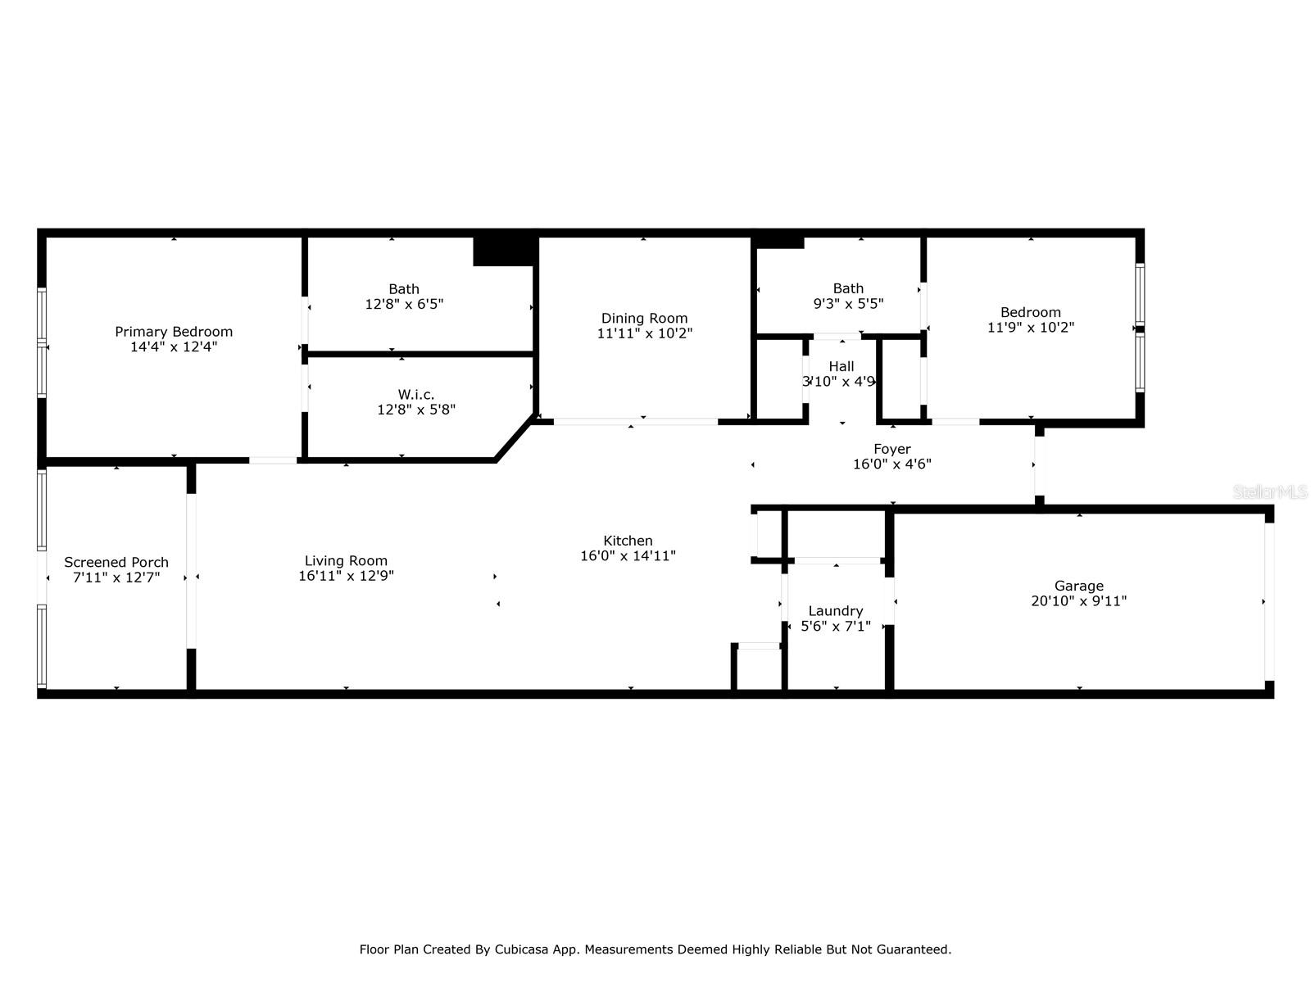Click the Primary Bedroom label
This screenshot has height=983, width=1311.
tap(174, 332)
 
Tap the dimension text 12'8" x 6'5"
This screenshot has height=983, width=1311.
tap(404, 305)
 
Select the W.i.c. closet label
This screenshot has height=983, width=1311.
tap(416, 395)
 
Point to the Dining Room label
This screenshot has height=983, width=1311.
tap(645, 319)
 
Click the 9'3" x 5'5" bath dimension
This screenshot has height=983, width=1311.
tap(848, 304)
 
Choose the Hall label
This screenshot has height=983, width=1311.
tap(841, 366)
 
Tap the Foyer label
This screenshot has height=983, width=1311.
tap(892, 450)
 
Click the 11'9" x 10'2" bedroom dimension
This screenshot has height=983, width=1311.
tap(1031, 328)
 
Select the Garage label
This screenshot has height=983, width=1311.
tap(1078, 586)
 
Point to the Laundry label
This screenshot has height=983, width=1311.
tap(836, 611)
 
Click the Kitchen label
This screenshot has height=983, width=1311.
tap(628, 541)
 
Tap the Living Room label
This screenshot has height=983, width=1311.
tap(346, 561)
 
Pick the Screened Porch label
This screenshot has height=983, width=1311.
tap(116, 562)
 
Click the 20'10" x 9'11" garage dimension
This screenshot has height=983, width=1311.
tap(1078, 601)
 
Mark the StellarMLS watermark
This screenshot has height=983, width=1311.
tap(1270, 492)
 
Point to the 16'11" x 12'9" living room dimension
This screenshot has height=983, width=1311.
tap(346, 576)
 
